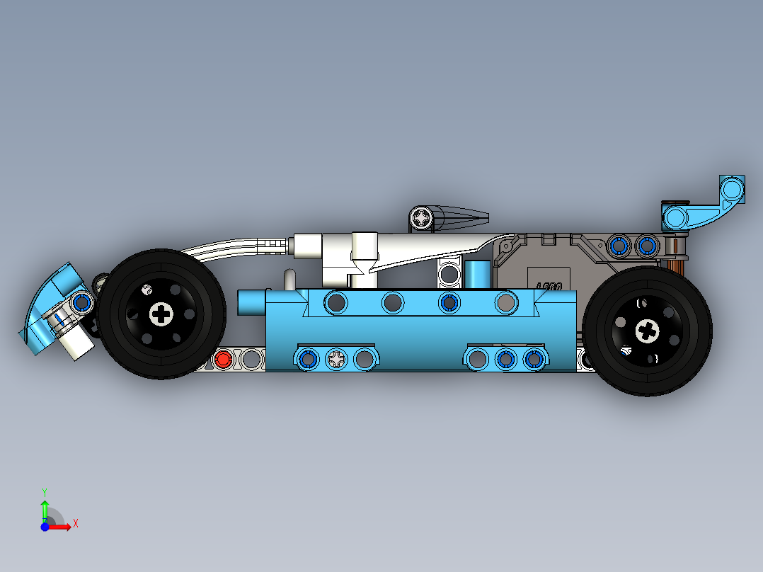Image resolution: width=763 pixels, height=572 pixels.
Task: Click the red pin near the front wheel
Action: click(x=223, y=359)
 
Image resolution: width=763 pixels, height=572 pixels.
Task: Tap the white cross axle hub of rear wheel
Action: click(x=647, y=330)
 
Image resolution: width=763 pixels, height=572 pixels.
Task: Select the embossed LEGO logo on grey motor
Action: click(x=549, y=287)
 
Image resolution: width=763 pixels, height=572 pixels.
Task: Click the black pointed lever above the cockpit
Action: click(x=460, y=217)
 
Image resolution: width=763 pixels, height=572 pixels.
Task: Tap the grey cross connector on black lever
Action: click(x=423, y=217)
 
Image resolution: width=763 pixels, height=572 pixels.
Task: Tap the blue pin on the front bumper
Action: click(x=82, y=303)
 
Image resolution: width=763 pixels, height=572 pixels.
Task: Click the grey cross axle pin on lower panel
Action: click(x=336, y=359)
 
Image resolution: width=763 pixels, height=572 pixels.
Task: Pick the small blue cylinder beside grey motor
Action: click(x=477, y=274)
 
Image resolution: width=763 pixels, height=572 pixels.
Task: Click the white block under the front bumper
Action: click(x=76, y=343)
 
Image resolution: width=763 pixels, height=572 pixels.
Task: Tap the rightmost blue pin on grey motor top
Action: click(x=646, y=246)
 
